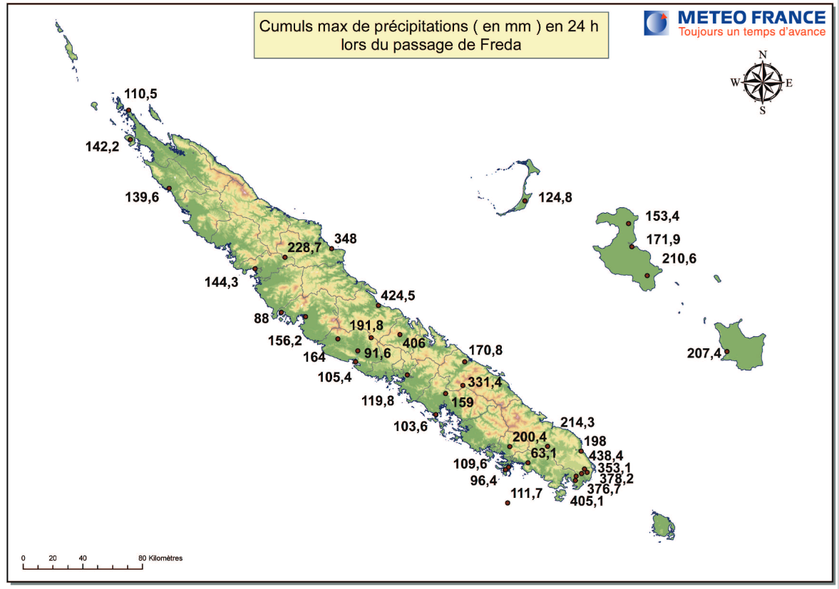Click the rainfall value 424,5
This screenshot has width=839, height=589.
(x=398, y=296)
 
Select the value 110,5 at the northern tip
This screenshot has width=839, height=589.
(x=140, y=94)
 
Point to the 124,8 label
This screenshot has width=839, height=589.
(x=556, y=197)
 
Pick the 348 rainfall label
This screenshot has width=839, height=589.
(x=346, y=239)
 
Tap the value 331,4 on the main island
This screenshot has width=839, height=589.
(x=485, y=382)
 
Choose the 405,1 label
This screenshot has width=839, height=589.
(x=587, y=501)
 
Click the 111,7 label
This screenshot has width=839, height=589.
(x=528, y=494)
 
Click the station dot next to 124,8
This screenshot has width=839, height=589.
(x=525, y=201)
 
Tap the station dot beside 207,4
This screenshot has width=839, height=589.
(x=727, y=351)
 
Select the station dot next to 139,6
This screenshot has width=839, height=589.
(x=169, y=188)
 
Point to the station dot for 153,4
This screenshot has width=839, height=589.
(x=628, y=224)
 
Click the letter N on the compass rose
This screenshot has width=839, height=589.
(x=763, y=55)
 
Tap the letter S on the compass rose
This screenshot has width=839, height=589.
(x=762, y=110)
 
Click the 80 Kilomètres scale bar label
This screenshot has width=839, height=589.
(x=161, y=558)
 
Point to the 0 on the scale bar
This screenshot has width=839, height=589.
(x=24, y=558)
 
